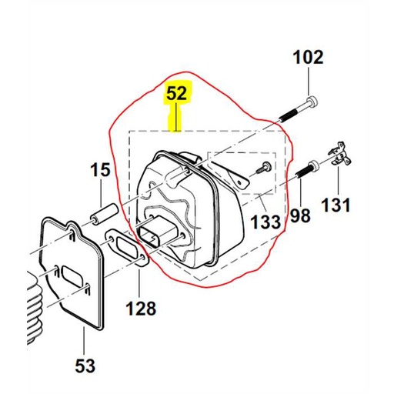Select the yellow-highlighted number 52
point(176,95)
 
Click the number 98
point(300,215)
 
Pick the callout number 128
point(141,309)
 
